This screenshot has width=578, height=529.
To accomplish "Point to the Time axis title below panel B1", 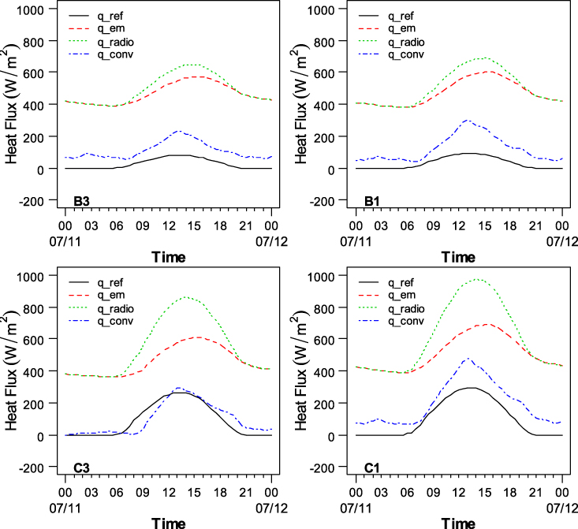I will coord(459,256).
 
